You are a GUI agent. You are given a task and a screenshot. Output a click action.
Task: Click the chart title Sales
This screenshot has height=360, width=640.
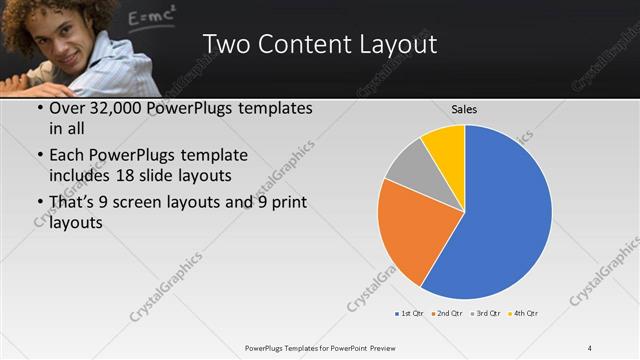(463, 108)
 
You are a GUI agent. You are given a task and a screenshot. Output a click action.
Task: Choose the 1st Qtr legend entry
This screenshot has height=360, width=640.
(411, 313)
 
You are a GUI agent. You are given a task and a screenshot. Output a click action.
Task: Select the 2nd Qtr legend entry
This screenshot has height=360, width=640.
(447, 313)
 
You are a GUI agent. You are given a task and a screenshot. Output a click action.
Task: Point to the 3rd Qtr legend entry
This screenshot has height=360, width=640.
(487, 313)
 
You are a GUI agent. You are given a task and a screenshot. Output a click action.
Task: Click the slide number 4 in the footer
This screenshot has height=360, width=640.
(590, 347)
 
